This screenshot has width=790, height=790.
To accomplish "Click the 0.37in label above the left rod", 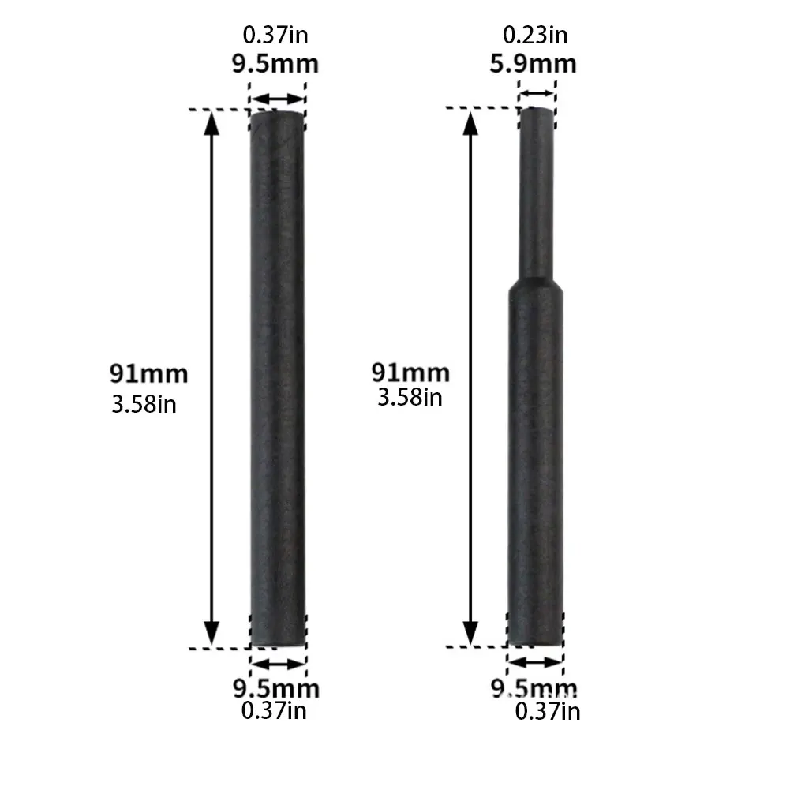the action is [x=275, y=35].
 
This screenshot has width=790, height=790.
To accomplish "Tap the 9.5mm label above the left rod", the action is [x=275, y=63].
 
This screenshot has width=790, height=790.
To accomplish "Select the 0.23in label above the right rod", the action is [x=535, y=35].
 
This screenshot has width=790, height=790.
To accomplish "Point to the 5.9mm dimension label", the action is [x=533, y=63].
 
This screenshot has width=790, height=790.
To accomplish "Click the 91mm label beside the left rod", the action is [x=148, y=374].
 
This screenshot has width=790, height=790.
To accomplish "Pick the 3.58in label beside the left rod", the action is [x=144, y=404].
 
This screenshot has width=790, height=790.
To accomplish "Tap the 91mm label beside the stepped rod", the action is [x=410, y=373].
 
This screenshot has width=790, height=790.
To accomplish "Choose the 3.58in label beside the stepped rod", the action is [x=410, y=398].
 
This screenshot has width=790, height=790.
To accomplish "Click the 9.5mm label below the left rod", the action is [x=276, y=688].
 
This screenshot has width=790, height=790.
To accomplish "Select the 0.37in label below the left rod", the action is [x=274, y=710].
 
